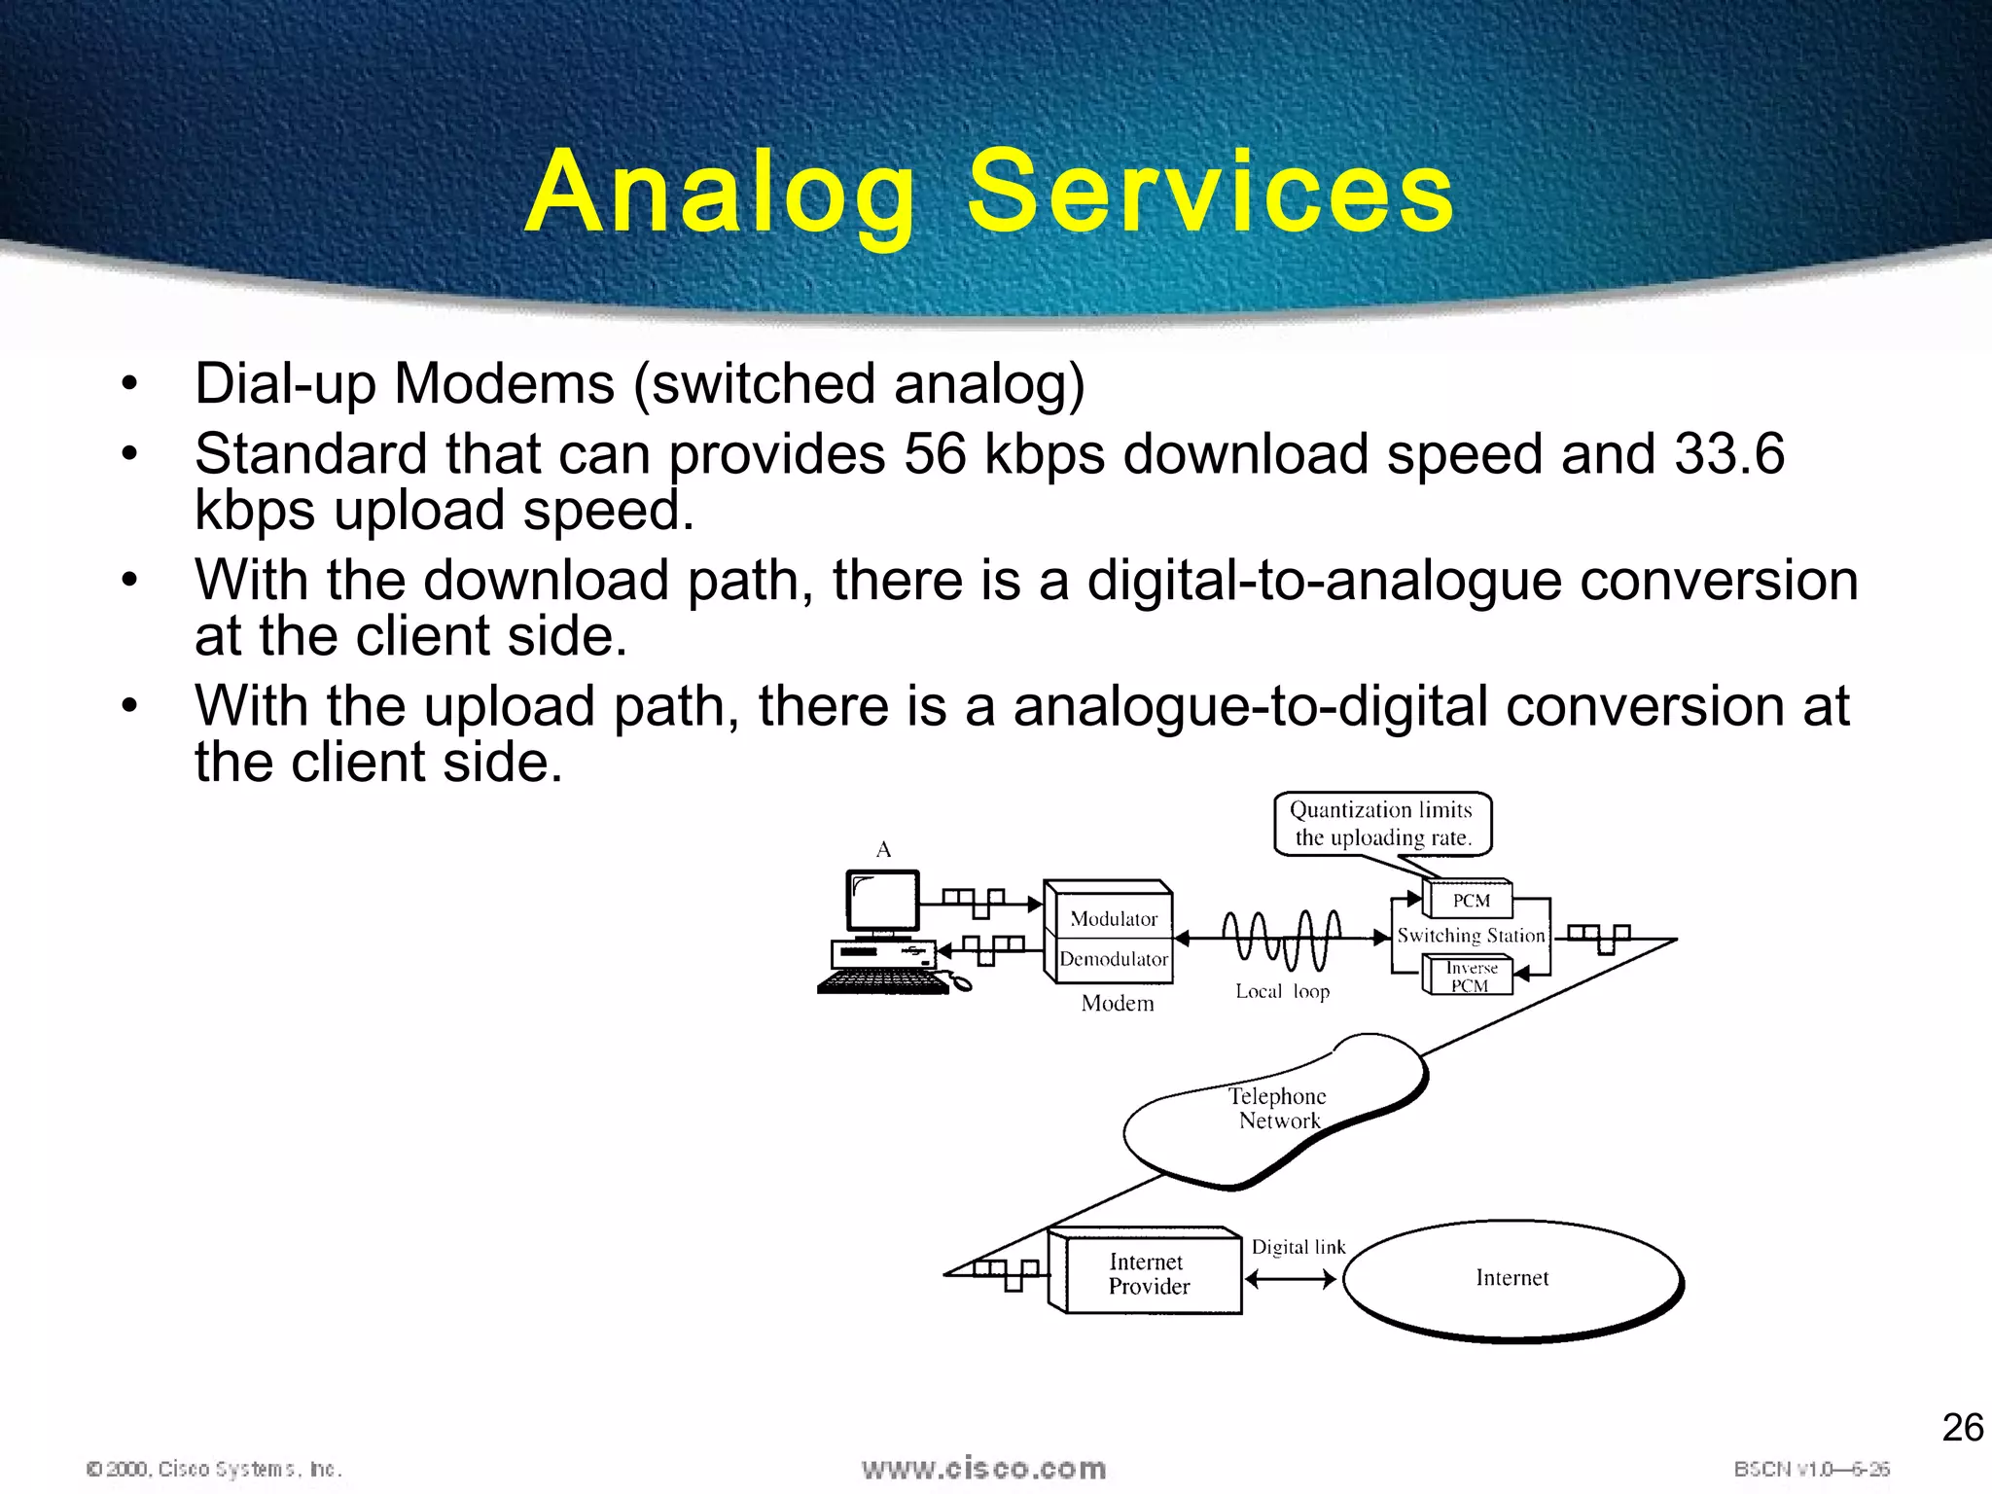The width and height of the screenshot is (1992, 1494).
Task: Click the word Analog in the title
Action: click(x=721, y=194)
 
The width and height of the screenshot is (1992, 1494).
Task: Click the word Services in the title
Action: click(x=1210, y=192)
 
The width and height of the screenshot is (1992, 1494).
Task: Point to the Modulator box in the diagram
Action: click(x=1113, y=918)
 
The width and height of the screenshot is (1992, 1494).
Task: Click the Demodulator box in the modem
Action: click(x=1113, y=959)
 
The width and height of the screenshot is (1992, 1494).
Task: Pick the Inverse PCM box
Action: click(x=1470, y=977)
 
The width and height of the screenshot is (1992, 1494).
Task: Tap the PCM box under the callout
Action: click(x=1471, y=901)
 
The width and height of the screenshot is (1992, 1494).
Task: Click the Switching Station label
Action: click(x=1471, y=936)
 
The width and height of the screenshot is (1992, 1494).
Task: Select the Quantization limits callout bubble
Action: click(x=1382, y=824)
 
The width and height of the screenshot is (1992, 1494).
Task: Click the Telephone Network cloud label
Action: click(x=1278, y=1109)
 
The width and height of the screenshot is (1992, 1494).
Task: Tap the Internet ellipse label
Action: click(x=1512, y=1278)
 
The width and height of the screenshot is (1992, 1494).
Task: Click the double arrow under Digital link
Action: click(x=1291, y=1280)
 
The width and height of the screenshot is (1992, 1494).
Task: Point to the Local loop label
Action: click(x=1282, y=991)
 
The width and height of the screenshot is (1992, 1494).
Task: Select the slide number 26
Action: click(x=1962, y=1428)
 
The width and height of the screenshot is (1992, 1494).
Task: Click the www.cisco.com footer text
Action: click(x=983, y=1469)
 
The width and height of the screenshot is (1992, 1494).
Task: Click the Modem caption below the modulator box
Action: click(x=1118, y=1004)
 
